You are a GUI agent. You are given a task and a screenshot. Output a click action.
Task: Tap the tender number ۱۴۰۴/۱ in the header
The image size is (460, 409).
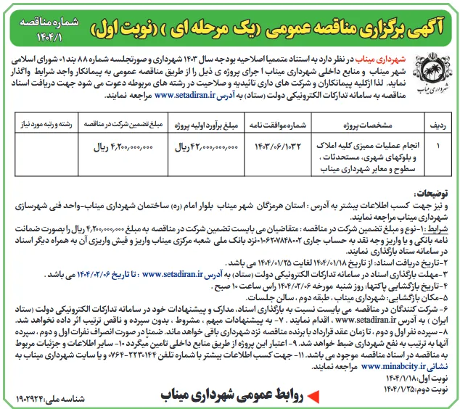point(424,33)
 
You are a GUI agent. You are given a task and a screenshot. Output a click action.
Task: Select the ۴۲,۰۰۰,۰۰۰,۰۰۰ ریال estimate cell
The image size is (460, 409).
point(206,146)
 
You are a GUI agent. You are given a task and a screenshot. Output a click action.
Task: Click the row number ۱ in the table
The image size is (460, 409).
point(428,146)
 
